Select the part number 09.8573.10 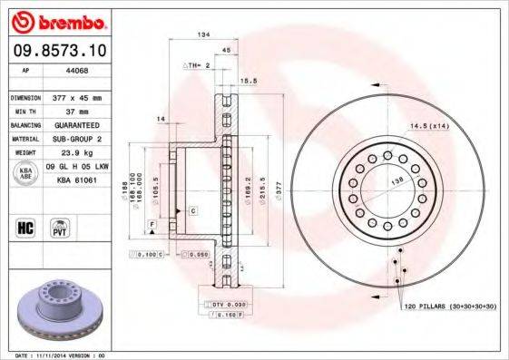pyautogui.click(x=57, y=51)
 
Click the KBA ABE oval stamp pyautogui.click(x=26, y=173)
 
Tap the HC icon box pyautogui.click(x=26, y=227)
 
